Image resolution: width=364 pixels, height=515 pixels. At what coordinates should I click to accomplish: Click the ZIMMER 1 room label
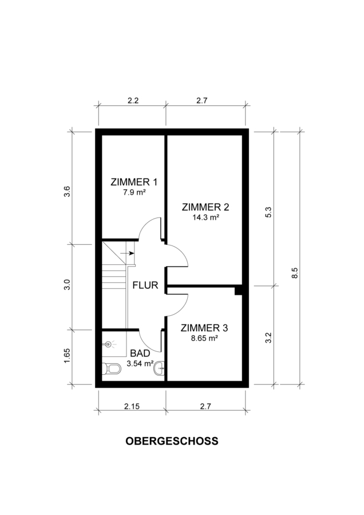click(134, 182)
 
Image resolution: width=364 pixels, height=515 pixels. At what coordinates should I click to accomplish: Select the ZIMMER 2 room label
click(205, 207)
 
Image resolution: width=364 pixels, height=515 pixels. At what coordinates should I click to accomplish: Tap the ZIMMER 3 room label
click(204, 328)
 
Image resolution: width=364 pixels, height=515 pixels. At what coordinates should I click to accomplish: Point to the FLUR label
click(145, 285)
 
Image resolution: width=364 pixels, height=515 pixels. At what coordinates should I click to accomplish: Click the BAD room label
click(140, 354)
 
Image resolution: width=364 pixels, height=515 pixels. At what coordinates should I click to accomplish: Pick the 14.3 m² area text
click(205, 217)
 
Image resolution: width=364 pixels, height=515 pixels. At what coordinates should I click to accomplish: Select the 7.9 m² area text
click(134, 192)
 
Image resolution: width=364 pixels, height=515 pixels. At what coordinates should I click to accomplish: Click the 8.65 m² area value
click(205, 338)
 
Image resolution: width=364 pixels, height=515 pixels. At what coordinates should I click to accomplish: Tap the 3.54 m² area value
click(140, 363)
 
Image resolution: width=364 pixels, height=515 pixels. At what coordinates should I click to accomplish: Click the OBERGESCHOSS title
click(172, 441)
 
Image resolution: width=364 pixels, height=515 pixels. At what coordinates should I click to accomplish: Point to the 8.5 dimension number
click(295, 273)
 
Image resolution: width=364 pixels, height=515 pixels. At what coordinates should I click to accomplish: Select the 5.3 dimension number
click(268, 212)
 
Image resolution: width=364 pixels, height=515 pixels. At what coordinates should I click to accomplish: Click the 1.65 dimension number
click(67, 355)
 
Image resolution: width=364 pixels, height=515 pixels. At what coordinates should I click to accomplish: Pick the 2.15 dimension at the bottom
click(132, 406)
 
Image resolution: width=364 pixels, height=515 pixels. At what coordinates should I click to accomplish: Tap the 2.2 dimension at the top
click(133, 101)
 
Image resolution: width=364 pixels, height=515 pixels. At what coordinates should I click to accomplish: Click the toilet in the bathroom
click(112, 369)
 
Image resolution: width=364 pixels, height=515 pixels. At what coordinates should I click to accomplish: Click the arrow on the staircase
click(128, 253)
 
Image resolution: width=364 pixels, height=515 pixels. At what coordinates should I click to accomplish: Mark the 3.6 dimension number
click(67, 192)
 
